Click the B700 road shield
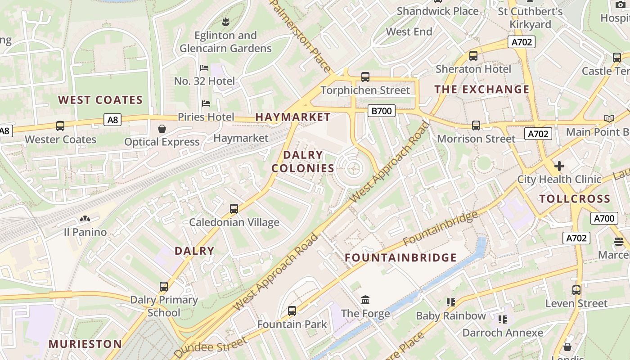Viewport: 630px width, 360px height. click(x=381, y=111)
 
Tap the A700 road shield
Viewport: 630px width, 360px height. click(x=604, y=218)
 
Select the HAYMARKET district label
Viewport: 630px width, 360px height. click(x=293, y=117)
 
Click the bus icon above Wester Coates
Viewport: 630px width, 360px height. click(x=60, y=126)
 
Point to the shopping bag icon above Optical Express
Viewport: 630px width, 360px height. click(x=162, y=129)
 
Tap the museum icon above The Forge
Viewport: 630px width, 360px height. click(x=365, y=300)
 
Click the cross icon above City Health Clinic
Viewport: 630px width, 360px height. click(x=559, y=166)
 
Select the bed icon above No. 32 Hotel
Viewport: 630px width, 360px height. click(x=204, y=68)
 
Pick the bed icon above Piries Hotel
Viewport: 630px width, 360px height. click(x=206, y=103)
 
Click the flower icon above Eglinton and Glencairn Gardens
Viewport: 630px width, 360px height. click(x=225, y=21)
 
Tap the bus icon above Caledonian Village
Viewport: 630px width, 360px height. click(x=234, y=209)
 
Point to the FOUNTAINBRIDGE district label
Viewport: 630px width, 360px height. click(x=400, y=258)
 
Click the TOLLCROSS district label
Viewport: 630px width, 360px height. click(x=575, y=199)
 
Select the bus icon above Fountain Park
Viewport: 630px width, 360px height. click(x=292, y=310)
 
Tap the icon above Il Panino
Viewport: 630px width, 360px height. click(x=85, y=219)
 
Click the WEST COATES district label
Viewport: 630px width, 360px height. click(x=100, y=100)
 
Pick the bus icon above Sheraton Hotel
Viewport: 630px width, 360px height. click(x=473, y=56)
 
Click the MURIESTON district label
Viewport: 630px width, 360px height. click(x=85, y=344)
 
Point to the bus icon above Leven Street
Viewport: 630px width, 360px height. click(x=576, y=290)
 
